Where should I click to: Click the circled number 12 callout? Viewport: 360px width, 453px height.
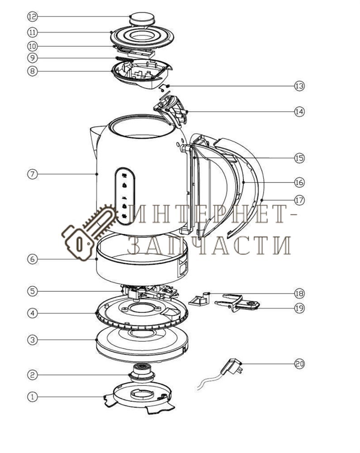tap(33, 16)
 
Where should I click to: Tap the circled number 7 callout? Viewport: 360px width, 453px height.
tap(33, 174)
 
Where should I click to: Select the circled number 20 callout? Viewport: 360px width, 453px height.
tap(299, 363)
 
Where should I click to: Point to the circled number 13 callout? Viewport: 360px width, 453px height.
tap(299, 86)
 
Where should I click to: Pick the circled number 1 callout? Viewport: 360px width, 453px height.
tap(33, 397)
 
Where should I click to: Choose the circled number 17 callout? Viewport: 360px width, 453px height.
tap(299, 200)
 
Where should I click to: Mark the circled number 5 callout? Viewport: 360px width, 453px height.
tap(33, 291)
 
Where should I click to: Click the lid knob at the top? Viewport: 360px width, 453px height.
tap(142, 19)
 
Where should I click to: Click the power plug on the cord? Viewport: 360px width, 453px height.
tap(231, 366)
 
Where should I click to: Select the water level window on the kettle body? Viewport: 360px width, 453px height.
tap(125, 196)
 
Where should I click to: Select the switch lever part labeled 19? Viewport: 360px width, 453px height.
tap(237, 302)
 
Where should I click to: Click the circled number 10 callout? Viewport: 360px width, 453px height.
tap(33, 46)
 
